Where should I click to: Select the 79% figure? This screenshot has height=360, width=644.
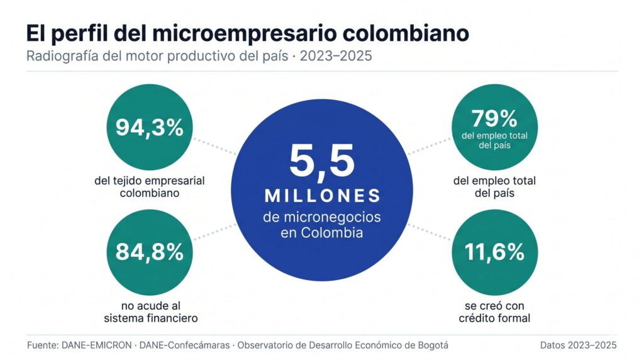coord(494,118)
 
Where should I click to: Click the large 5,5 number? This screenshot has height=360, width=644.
coord(321,160)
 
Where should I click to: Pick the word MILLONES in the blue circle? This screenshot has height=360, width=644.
coord(322,195)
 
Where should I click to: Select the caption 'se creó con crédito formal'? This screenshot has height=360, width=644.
coord(494,312)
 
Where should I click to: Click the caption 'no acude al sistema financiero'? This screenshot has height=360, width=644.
coord(149,312)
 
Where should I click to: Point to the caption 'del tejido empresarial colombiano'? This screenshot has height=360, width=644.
coord(149,187)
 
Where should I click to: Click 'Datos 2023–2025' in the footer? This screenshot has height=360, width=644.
coord(578,345)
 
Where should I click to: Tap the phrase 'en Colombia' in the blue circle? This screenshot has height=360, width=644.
coord(322,232)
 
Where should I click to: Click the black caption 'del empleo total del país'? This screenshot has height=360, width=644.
coord(494,187)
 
